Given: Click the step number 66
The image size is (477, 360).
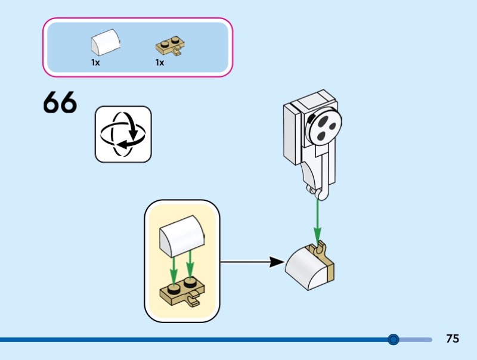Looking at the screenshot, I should point(60,103).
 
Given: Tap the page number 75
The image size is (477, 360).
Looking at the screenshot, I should point(453,339).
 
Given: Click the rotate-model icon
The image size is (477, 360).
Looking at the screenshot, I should point(123,134).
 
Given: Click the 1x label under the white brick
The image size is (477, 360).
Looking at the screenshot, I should point(95,62).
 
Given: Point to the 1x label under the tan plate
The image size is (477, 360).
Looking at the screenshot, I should point(160,62).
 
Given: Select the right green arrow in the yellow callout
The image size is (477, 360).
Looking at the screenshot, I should point(191,266).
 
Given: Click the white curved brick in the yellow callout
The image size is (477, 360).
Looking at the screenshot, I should point(181,235).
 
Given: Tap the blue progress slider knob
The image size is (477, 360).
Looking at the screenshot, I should point(393,339).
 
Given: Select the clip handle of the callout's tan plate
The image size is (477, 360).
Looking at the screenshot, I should point(194,303).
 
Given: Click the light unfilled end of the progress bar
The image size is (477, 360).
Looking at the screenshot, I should point(417,339).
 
